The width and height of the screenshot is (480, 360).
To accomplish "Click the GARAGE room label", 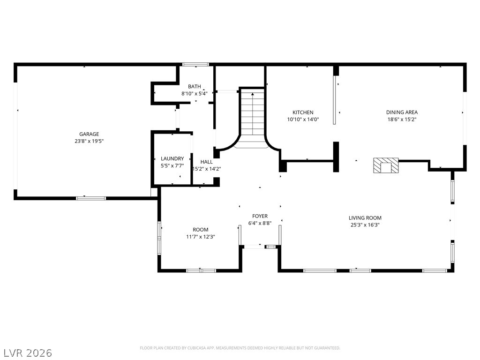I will pos(89,134).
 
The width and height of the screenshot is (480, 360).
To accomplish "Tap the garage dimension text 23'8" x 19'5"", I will pos(89,141).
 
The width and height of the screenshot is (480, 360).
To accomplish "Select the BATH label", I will pos(195,87).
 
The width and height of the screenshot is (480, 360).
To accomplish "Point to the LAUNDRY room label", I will pos(172,159).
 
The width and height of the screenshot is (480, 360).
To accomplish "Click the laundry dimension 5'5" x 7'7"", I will pos(172,165).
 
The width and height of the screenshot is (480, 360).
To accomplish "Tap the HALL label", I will pos(206,162).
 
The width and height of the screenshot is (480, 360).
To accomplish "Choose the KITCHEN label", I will pos(303,112).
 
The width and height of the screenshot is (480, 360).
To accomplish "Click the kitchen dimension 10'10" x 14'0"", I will pos(303,119).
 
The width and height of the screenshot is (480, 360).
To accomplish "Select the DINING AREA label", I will pos(402,112).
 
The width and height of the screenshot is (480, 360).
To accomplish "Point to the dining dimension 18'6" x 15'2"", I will pos(402,119).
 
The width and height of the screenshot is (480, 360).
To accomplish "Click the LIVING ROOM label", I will pos(365,218).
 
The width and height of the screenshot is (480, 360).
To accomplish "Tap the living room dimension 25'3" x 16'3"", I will pos(365,225).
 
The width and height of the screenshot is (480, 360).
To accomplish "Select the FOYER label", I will pos(260,216).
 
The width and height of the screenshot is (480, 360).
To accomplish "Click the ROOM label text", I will pos(200,230).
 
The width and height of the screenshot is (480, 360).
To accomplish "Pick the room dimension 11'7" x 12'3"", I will pos(200,237).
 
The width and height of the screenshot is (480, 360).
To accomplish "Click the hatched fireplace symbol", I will pos(386,165).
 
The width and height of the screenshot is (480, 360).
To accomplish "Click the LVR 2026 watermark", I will pos(28,352).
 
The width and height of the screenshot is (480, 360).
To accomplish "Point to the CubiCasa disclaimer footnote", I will pos(240,348).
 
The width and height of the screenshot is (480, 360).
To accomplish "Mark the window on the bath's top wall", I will pos(196,64).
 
